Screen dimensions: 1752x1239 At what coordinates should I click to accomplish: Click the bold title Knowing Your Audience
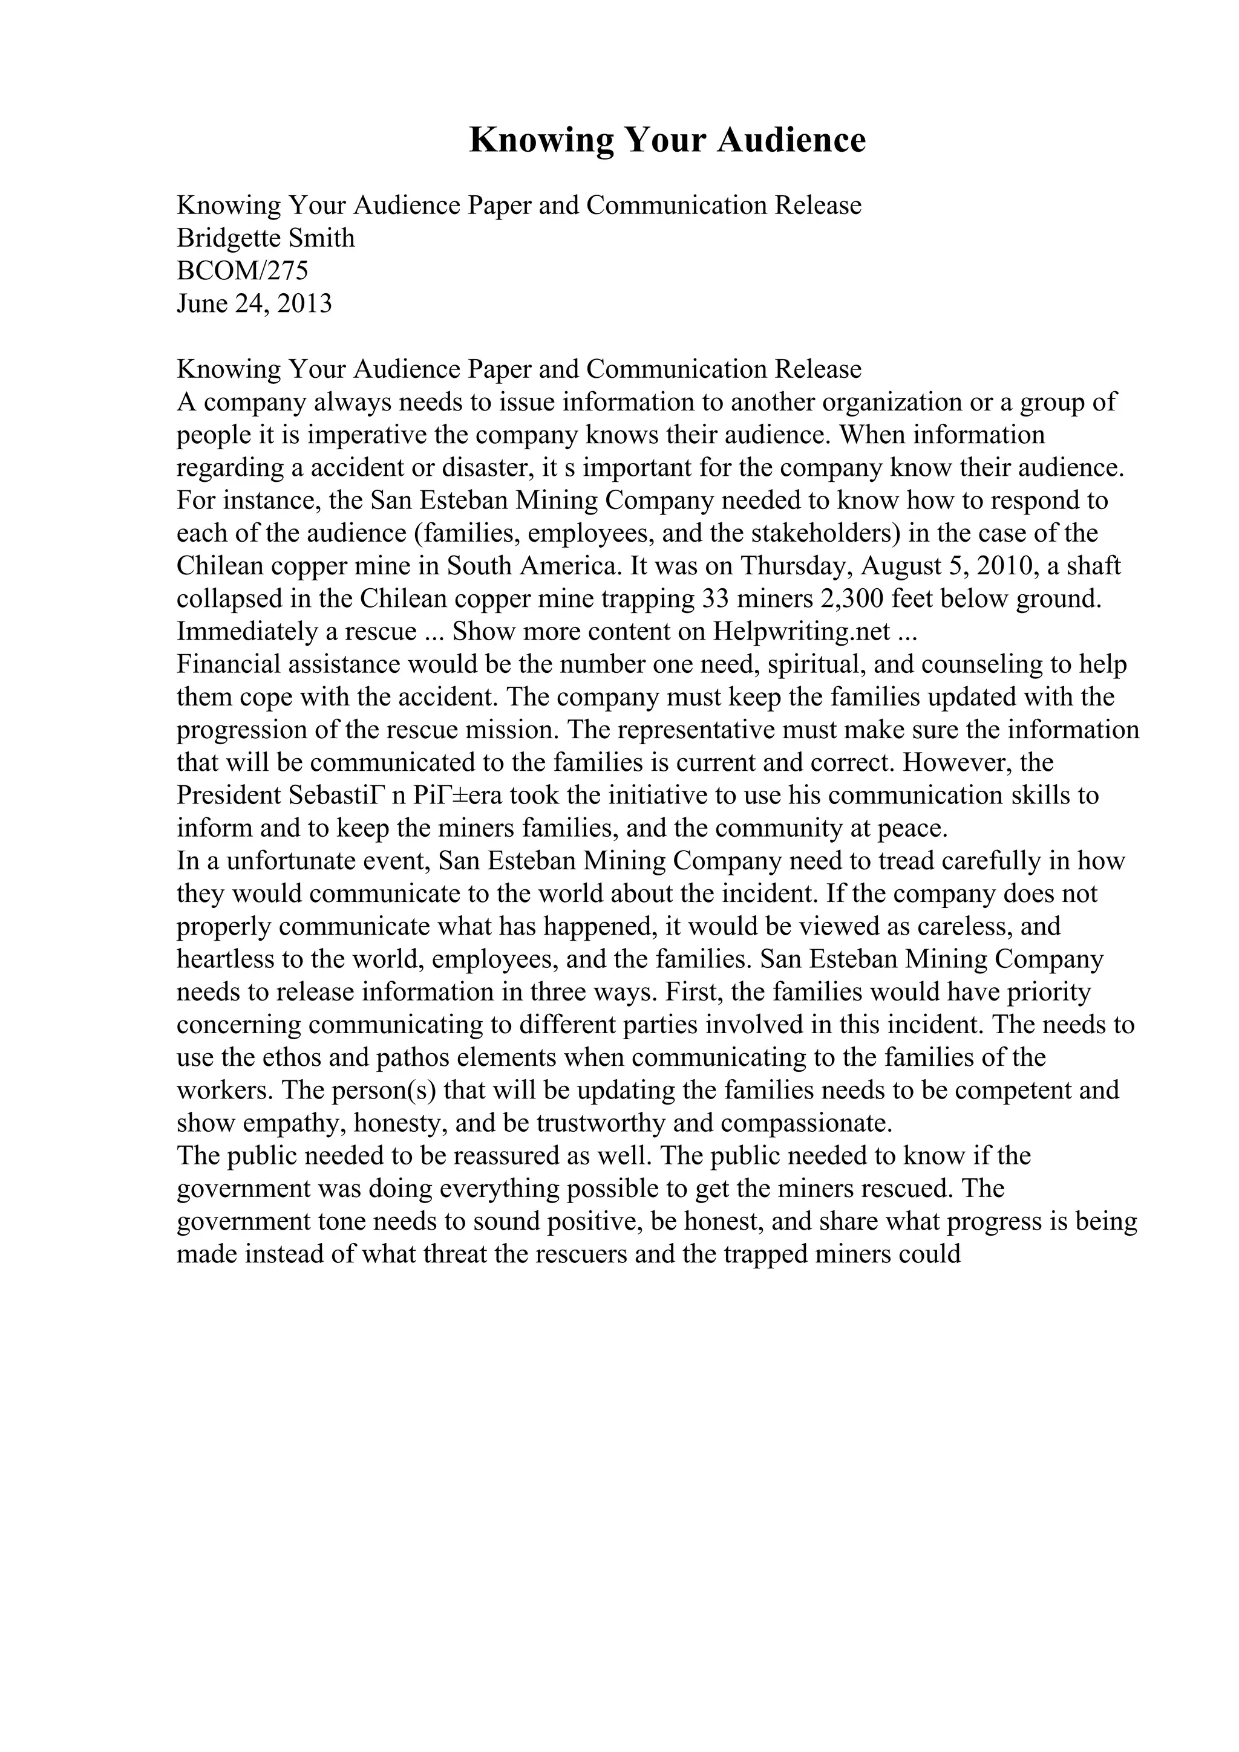(x=667, y=140)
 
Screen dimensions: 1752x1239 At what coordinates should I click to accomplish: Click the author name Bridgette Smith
(x=266, y=238)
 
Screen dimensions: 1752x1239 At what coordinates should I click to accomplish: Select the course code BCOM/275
(x=242, y=271)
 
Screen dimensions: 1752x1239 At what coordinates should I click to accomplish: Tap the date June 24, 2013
(x=254, y=303)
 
